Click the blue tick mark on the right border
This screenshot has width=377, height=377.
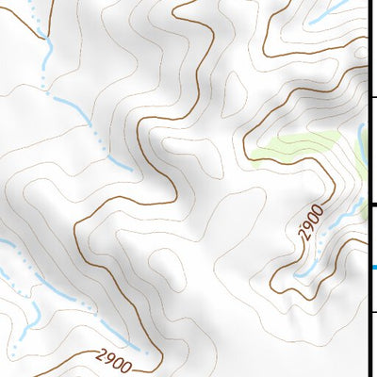pyautogui.click(x=372, y=268)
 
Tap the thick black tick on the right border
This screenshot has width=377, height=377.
pyautogui.click(x=372, y=205)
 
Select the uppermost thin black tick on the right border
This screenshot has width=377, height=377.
pyautogui.click(x=372, y=96)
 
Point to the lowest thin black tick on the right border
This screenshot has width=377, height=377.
pyautogui.click(x=372, y=311)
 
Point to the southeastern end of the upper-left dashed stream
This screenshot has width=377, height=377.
pyautogui.click(x=132, y=170)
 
